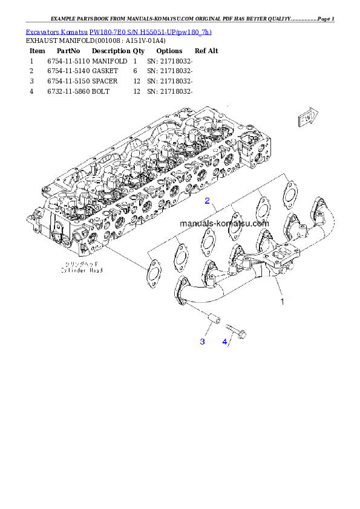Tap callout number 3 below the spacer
point(202,342)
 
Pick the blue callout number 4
point(224,342)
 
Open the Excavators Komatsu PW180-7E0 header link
point(119,31)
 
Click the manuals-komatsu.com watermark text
point(224,223)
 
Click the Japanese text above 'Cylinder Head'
point(82,265)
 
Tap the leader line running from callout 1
point(278,288)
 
